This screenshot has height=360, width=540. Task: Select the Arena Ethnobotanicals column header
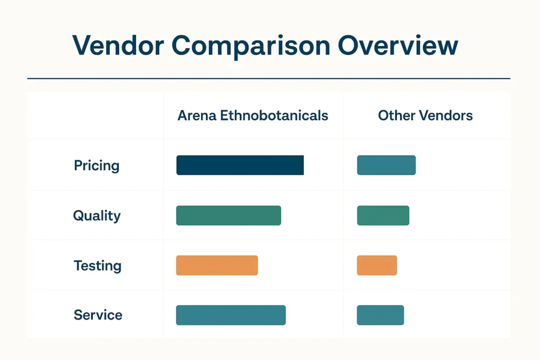pyautogui.click(x=253, y=115)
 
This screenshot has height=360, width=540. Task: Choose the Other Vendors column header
pyautogui.click(x=425, y=115)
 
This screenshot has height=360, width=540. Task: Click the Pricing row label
pyautogui.click(x=97, y=166)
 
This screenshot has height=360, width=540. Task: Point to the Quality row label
pyautogui.click(x=97, y=216)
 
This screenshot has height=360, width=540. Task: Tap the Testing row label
pyautogui.click(x=98, y=266)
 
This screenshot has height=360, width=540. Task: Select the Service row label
pyautogui.click(x=98, y=315)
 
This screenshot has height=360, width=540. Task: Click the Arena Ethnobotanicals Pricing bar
pyautogui.click(x=240, y=165)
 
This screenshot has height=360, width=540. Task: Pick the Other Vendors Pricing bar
pyautogui.click(x=387, y=165)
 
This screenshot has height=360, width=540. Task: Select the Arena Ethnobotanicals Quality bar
pyautogui.click(x=228, y=216)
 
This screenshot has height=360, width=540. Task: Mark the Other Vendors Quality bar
pyautogui.click(x=383, y=216)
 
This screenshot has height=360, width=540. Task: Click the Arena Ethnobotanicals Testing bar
pyautogui.click(x=217, y=265)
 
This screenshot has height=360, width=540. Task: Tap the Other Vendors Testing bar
pyautogui.click(x=377, y=265)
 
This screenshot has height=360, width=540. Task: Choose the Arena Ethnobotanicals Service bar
pyautogui.click(x=230, y=315)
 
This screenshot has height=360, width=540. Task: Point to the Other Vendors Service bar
pyautogui.click(x=380, y=315)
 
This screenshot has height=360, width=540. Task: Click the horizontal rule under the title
pyautogui.click(x=268, y=79)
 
